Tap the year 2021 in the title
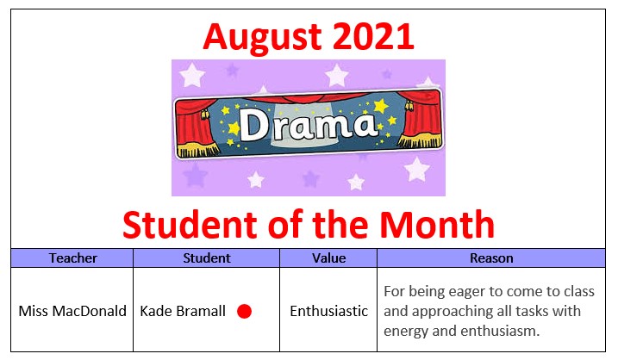(373, 36)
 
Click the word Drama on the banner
(308, 125)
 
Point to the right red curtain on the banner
(421, 119)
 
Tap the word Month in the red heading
(437, 225)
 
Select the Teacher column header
(73, 258)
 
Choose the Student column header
(207, 258)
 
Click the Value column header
(328, 258)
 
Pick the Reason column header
(491, 258)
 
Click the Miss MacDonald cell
(72, 311)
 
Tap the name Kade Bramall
(183, 311)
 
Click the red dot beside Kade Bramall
(245, 311)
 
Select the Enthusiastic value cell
(328, 311)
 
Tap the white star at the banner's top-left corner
(192, 74)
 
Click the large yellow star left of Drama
(234, 128)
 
